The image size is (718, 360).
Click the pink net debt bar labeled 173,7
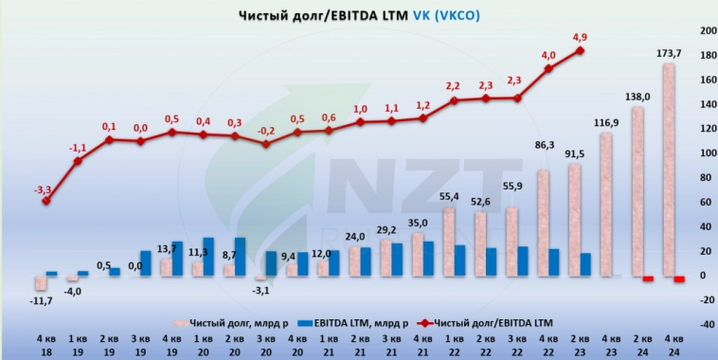(669, 171)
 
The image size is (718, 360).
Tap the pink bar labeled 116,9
(605, 205)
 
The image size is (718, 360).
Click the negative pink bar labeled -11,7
(41, 282)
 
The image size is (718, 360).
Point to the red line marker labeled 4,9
(580, 50)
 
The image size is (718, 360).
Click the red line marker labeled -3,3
(46, 201)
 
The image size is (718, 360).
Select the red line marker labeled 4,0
(548, 68)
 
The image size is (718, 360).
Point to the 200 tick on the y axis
(705, 31)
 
